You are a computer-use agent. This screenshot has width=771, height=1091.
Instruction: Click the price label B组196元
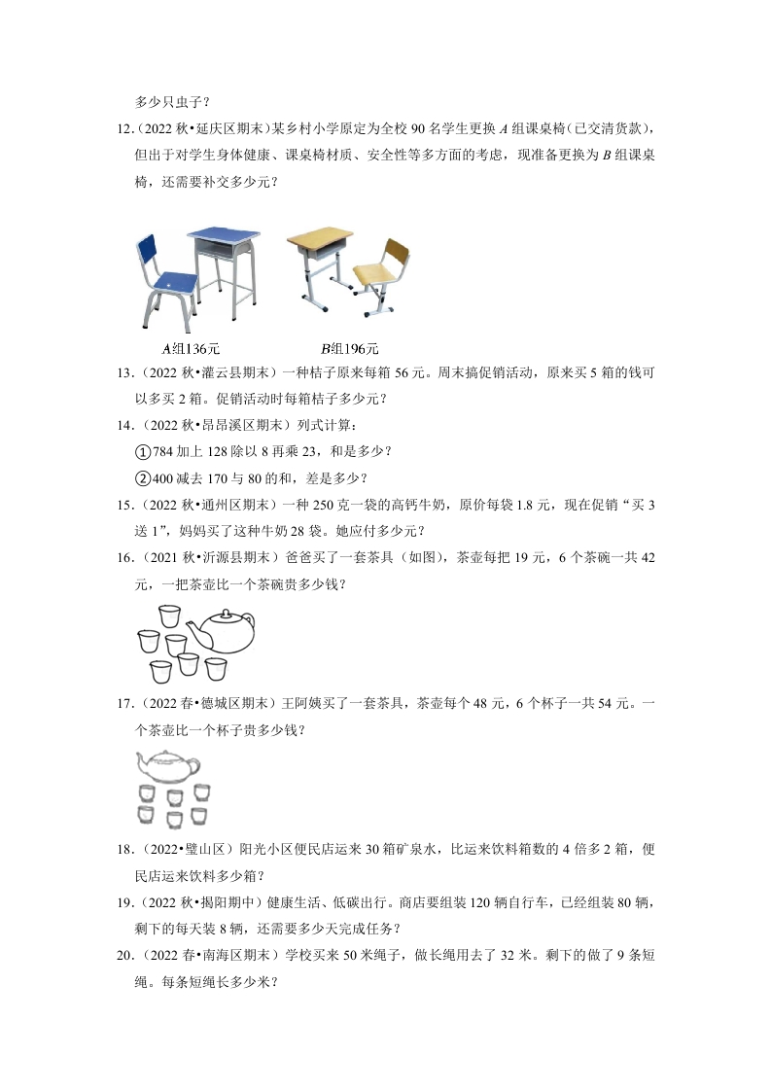(349, 348)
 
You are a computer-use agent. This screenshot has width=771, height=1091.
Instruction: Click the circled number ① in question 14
(142, 451)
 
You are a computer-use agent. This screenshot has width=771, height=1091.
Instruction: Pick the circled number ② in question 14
(142, 477)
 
